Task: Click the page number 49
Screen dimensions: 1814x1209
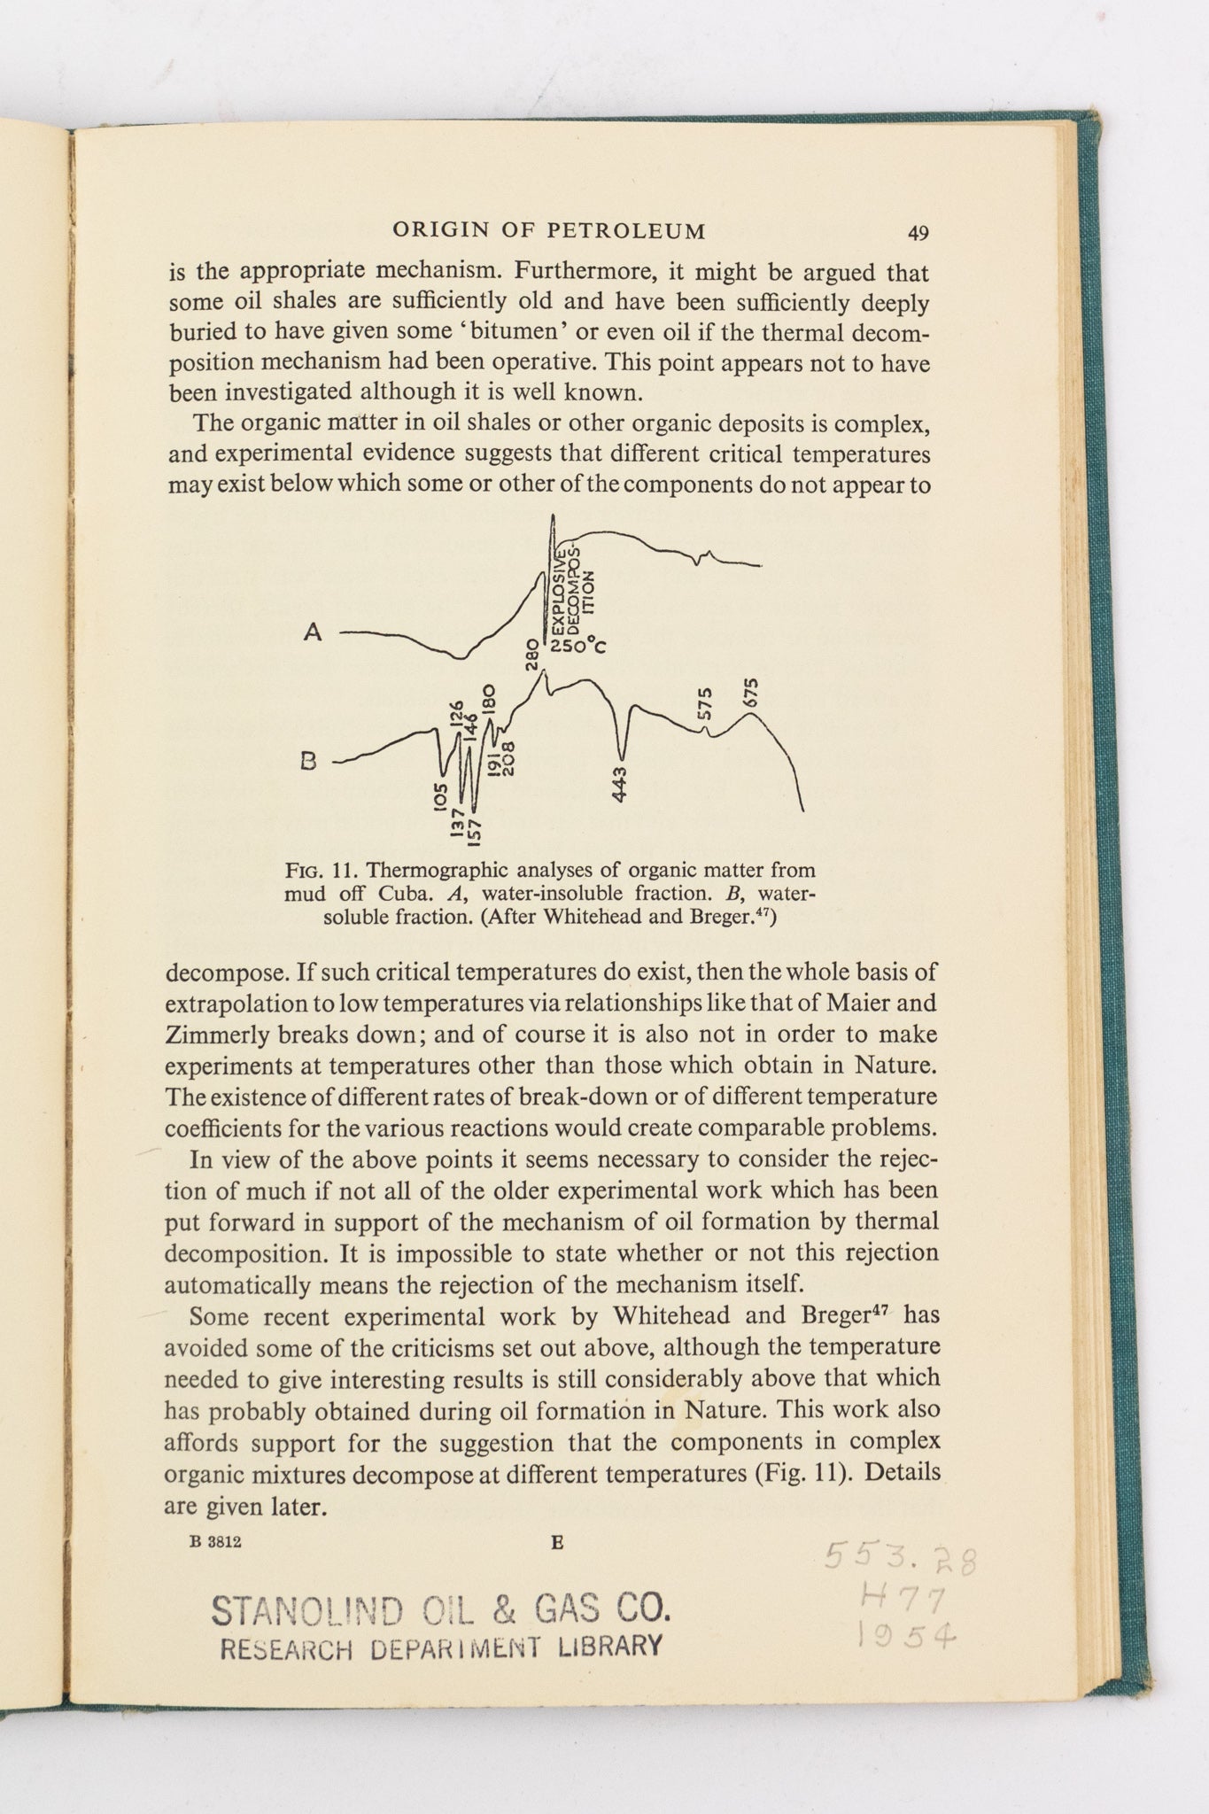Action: coord(918,233)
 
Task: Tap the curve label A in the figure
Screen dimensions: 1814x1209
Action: coord(313,632)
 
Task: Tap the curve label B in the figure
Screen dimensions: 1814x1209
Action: coord(309,761)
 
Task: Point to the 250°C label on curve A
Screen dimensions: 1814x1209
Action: coord(577,646)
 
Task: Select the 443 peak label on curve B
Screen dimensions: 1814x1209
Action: coord(620,785)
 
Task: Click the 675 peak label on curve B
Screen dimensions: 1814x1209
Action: coord(752,694)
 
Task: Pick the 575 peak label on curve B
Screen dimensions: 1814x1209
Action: coord(705,704)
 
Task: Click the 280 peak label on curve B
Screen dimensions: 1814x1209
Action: coord(532,655)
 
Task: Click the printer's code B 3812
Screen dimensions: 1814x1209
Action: coord(216,1542)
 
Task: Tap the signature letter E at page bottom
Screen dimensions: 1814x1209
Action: coord(557,1542)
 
